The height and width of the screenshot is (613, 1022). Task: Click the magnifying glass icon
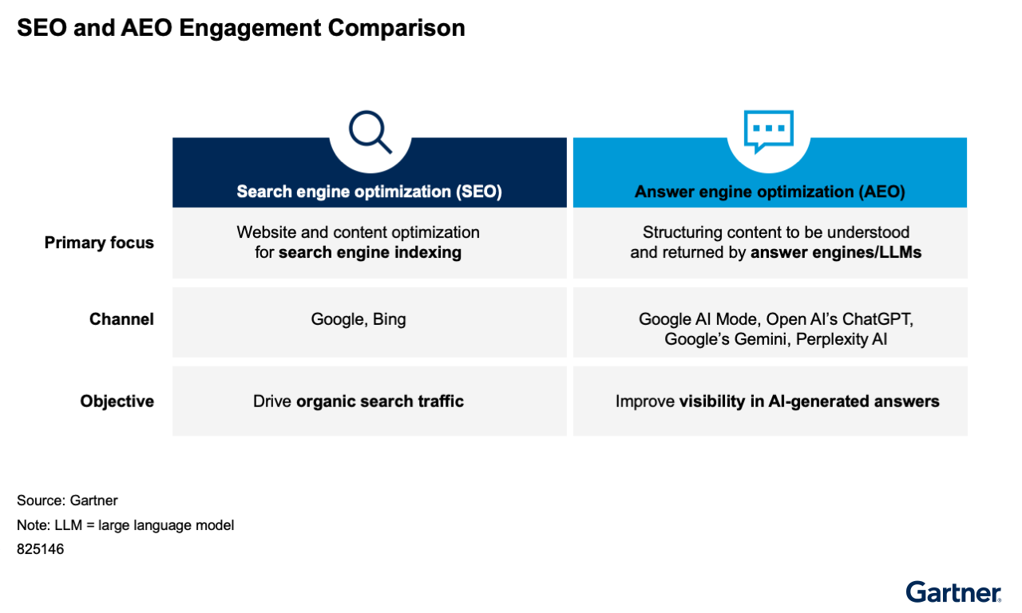370,132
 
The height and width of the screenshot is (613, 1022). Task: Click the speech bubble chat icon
769,132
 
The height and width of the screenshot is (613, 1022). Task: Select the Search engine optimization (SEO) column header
369,192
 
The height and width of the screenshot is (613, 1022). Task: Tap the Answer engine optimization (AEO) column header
770,192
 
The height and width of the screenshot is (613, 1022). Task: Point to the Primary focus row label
99,243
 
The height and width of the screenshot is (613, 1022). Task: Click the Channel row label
121,319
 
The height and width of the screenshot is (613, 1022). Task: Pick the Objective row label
117,401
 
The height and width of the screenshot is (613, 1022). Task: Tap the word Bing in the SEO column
389,319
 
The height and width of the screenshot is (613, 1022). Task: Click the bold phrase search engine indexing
370,252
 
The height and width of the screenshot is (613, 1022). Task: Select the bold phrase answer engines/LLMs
836,252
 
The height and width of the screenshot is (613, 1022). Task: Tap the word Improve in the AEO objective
644,401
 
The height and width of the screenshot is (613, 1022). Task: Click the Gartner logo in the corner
953,592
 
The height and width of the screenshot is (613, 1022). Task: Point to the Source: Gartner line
68,500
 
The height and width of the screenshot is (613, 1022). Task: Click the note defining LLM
125,525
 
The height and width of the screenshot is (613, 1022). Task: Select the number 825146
41,548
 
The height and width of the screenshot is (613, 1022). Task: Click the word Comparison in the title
397,28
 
